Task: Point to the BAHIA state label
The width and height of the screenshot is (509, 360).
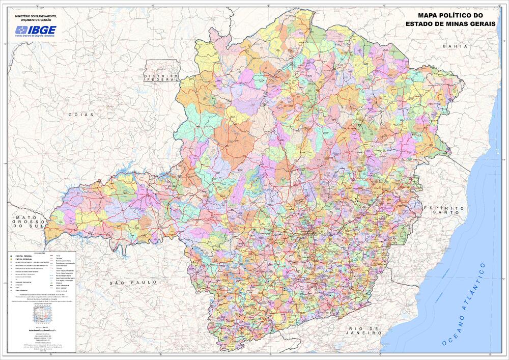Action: [455, 46]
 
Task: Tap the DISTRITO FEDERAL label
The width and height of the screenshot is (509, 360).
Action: [161, 78]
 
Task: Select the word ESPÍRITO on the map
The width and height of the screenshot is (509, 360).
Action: [444, 209]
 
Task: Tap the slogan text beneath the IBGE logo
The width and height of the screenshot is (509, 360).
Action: [35, 36]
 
